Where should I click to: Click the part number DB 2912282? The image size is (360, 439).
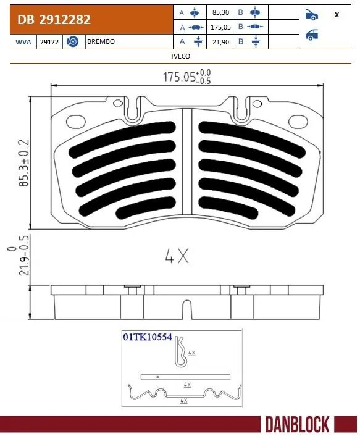tap(54, 20)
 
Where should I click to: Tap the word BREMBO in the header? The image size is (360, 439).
tap(100, 42)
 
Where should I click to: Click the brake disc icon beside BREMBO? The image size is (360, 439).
tap(72, 42)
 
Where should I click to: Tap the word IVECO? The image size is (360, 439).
tap(180, 56)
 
